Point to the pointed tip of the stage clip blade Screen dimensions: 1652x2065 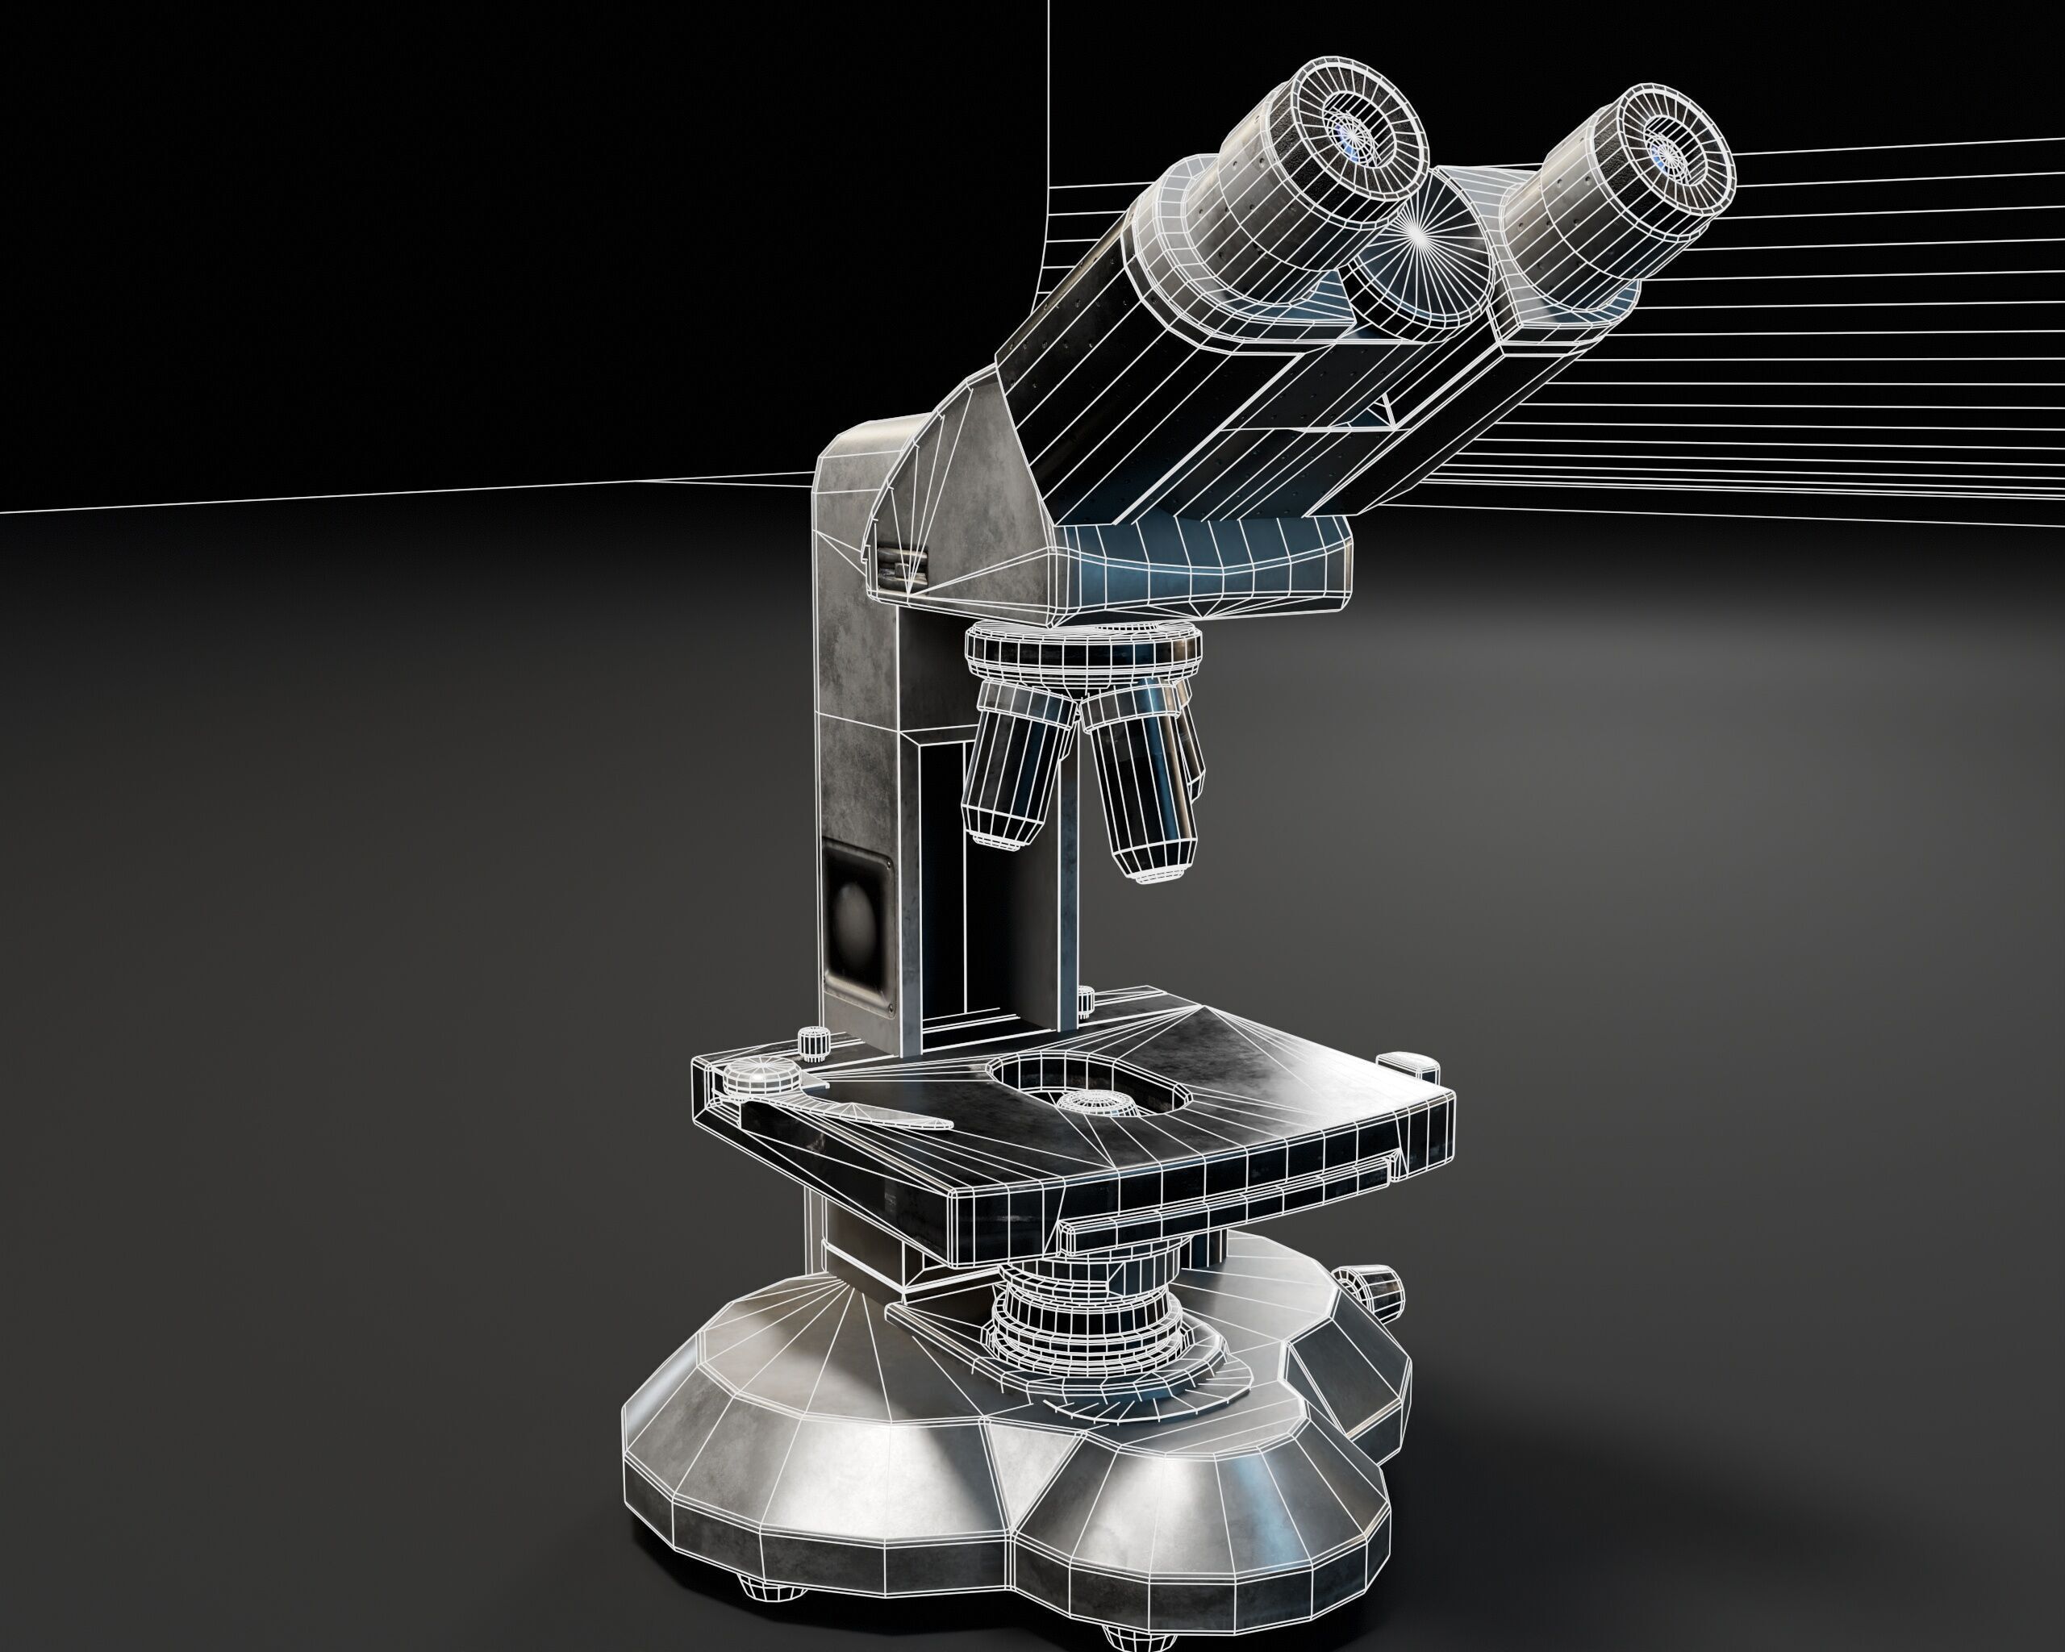coord(949,1124)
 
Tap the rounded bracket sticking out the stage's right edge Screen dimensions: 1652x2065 coord(1408,1061)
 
